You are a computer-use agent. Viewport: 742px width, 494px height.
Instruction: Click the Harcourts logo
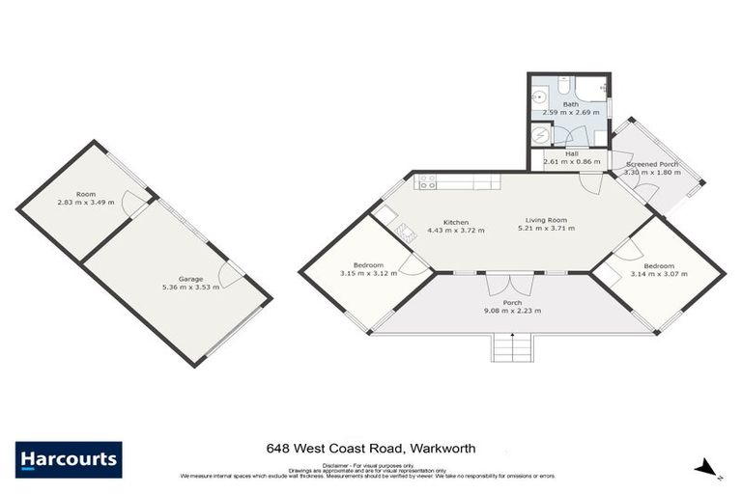click(69, 459)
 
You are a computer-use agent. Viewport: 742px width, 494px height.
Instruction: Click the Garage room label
click(188, 278)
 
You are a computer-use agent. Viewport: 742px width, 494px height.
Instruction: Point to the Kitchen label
click(456, 222)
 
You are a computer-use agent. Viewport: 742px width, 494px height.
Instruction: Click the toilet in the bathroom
click(601, 93)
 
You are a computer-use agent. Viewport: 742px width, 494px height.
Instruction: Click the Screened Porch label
click(652, 165)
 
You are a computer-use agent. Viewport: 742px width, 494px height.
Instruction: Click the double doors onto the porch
click(510, 283)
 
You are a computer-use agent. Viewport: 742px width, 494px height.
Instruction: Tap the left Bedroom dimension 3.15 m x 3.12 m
click(368, 274)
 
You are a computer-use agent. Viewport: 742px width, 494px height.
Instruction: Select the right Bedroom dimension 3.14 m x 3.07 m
click(659, 274)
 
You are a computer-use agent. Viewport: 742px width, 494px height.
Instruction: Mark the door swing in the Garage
click(231, 275)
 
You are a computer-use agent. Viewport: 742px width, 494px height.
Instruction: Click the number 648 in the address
click(277, 450)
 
